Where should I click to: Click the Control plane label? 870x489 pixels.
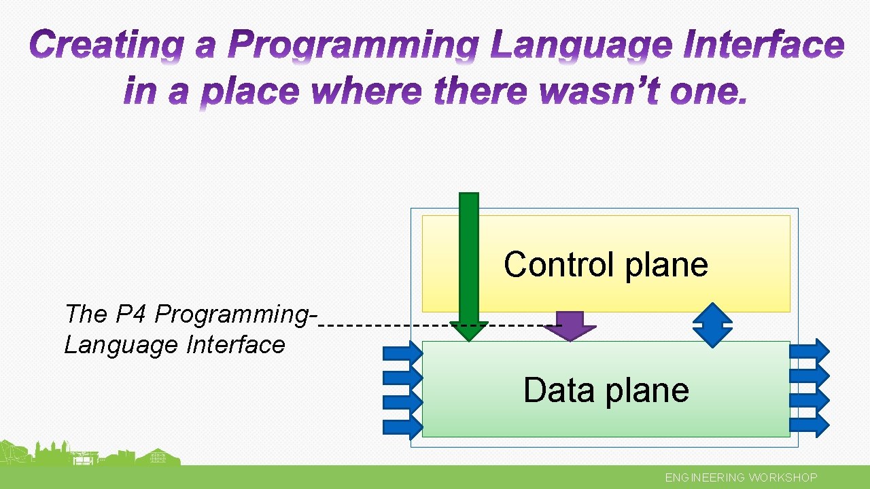pyautogui.click(x=606, y=264)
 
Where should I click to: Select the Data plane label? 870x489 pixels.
pyautogui.click(x=606, y=390)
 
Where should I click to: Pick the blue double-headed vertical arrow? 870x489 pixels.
pyautogui.click(x=712, y=325)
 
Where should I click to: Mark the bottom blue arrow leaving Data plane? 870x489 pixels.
pyautogui.click(x=810, y=424)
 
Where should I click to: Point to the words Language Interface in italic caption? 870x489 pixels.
pyautogui.click(x=175, y=345)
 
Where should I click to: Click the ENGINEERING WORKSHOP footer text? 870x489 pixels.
pyautogui.click(x=741, y=477)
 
